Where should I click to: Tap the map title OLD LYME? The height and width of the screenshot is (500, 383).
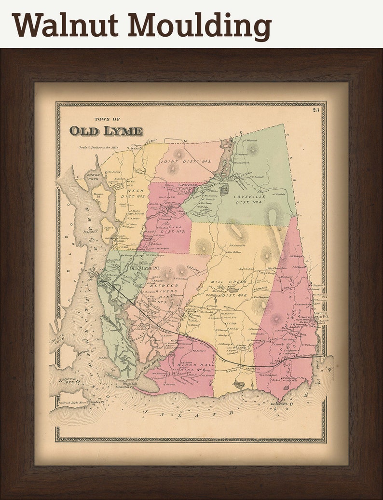106,131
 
